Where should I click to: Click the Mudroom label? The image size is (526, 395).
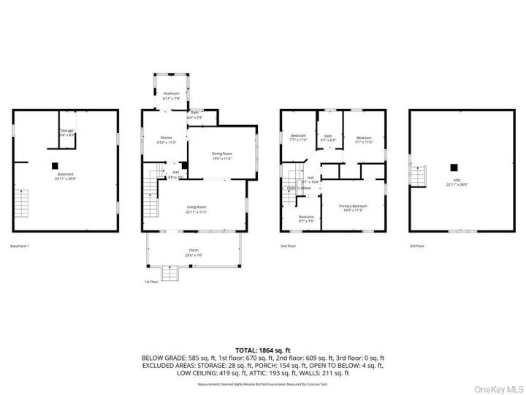click(x=171, y=94)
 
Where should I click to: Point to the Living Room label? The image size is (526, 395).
click(x=196, y=209)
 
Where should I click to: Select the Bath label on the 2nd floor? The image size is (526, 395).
click(x=329, y=137)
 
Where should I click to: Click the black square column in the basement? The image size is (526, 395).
click(x=54, y=165)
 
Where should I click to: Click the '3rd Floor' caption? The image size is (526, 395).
click(x=417, y=247)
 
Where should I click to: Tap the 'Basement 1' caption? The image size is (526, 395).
click(x=20, y=247)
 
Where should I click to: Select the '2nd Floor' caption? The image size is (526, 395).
click(x=289, y=247)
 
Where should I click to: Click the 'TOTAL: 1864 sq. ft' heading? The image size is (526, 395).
click(x=263, y=350)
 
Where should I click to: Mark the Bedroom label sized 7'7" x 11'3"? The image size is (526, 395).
click(x=299, y=138)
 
